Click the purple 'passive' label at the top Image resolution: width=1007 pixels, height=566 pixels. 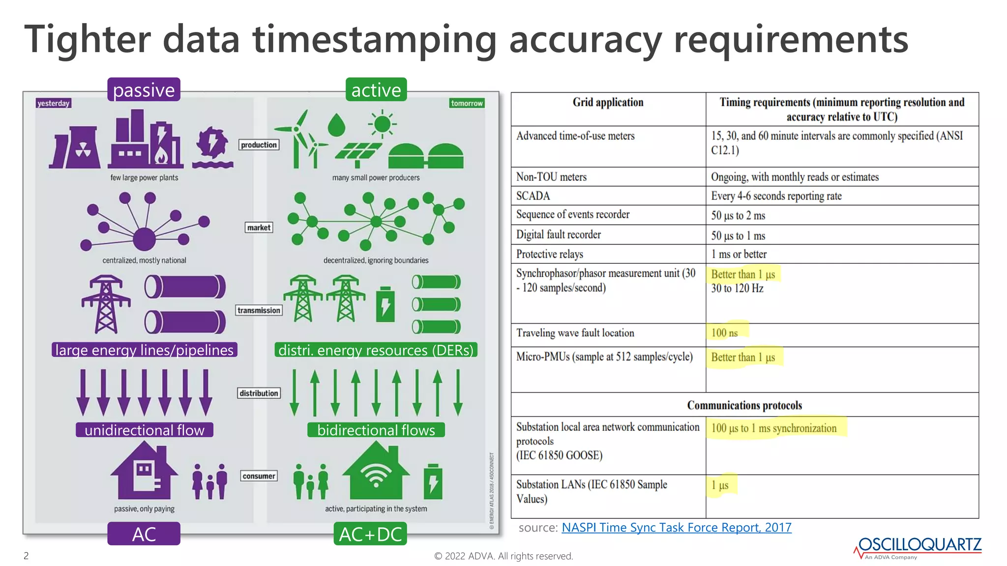pyautogui.click(x=144, y=90)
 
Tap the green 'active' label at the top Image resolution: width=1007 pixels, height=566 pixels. pyautogui.click(x=376, y=90)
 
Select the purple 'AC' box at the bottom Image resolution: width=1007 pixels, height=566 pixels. pyautogui.click(x=144, y=534)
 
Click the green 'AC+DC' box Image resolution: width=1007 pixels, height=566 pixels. pyautogui.click(x=370, y=534)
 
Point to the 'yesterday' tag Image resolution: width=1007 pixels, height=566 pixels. pyautogui.click(x=54, y=103)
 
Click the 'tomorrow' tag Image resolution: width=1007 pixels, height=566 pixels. pyautogui.click(x=467, y=103)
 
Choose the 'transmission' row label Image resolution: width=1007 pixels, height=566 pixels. pyautogui.click(x=259, y=310)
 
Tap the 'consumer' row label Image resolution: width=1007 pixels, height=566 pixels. pyautogui.click(x=259, y=476)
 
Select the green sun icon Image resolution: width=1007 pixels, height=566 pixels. pyautogui.click(x=382, y=124)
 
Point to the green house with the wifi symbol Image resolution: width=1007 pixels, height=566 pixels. pyautogui.click(x=376, y=472)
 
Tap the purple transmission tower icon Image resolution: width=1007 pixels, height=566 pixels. pyautogui.click(x=106, y=305)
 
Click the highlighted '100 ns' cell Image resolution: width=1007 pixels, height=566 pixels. pyautogui.click(x=725, y=333)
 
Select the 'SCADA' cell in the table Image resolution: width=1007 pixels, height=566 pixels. pyautogui.click(x=533, y=196)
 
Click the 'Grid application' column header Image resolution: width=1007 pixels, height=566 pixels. pyautogui.click(x=608, y=102)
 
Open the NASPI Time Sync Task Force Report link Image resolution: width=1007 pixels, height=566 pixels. pyautogui.click(x=676, y=527)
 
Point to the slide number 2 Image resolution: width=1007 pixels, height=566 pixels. pyautogui.click(x=26, y=556)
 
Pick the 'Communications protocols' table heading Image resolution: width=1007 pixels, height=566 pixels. pyautogui.click(x=744, y=405)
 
